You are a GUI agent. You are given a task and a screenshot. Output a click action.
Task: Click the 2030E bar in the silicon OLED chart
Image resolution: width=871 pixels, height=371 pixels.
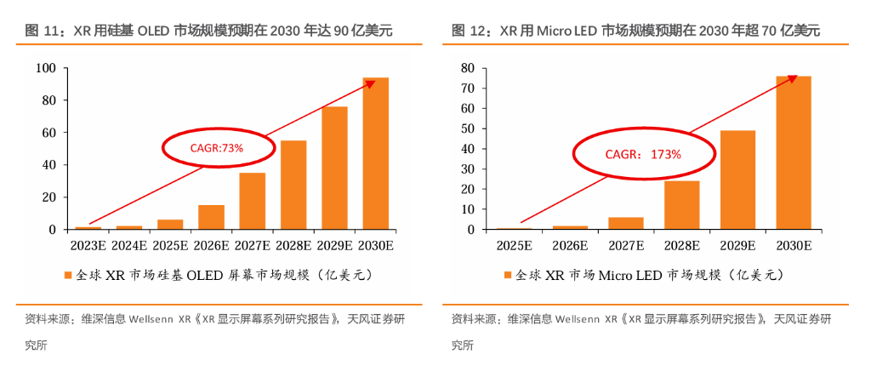[x=375, y=153]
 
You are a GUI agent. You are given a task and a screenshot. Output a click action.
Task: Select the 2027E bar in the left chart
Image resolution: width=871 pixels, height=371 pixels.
[x=252, y=201]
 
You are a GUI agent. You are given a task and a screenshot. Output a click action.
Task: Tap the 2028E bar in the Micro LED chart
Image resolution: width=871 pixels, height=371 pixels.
[x=681, y=205]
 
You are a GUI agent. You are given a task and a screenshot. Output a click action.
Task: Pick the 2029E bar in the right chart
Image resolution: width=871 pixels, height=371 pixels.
[x=737, y=180]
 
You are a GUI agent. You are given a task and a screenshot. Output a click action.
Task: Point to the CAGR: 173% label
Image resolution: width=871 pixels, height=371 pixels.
[x=630, y=154]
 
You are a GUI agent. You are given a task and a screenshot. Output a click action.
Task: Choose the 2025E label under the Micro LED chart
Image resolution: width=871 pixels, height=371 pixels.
[x=514, y=247]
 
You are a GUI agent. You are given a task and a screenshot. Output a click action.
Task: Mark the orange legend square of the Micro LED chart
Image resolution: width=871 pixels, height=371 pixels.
[x=508, y=276]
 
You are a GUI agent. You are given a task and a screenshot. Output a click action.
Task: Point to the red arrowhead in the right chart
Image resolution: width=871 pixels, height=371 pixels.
[x=792, y=78]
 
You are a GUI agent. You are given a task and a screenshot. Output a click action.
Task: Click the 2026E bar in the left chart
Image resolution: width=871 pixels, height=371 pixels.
[x=211, y=217]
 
